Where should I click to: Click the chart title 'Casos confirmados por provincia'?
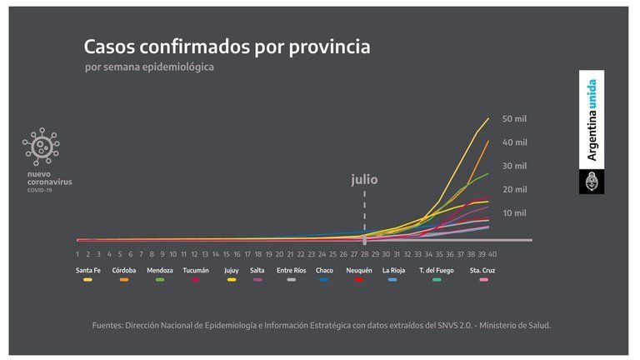coord(227,46)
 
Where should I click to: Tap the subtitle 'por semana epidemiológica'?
coord(149,67)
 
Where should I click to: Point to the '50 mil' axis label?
coord(514,119)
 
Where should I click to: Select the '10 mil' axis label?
coord(514,213)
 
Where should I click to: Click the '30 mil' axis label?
coord(514,166)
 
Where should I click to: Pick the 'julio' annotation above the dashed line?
coord(364,179)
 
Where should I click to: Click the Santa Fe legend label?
coord(89,270)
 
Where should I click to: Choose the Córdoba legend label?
coord(124,270)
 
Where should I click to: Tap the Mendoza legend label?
coord(160,270)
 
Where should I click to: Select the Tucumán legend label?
coord(196,270)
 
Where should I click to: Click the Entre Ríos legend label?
coord(291,270)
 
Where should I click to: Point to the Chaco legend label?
coord(325,270)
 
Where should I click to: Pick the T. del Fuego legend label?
coord(437,270)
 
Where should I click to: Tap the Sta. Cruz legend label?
coord(482,270)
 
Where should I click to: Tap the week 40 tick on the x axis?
coord(492,253)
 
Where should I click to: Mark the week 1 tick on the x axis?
coord(77,253)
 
